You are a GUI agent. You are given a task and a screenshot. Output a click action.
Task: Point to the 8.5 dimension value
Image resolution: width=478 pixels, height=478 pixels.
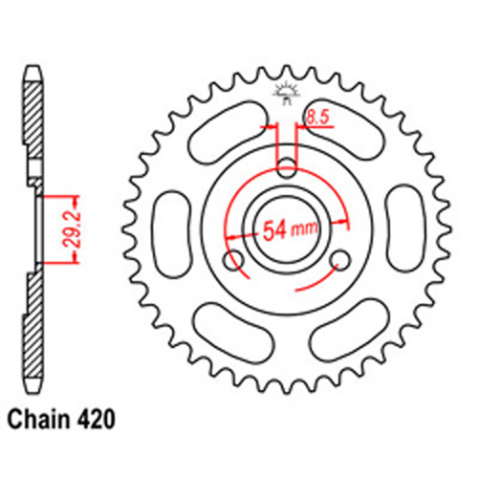click(x=316, y=119)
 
